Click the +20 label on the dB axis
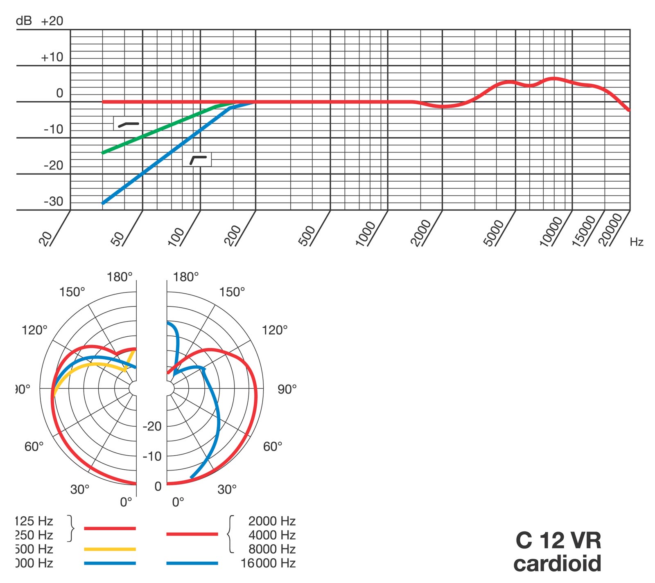click(x=52, y=21)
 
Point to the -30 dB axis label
click(x=54, y=201)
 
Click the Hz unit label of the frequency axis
click(x=637, y=242)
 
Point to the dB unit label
click(x=24, y=21)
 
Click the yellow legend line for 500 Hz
click(x=110, y=549)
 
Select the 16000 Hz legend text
click(x=268, y=563)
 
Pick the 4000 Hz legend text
click(x=272, y=535)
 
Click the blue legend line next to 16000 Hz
click(x=192, y=563)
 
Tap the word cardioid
click(x=558, y=563)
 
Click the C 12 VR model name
click(x=558, y=540)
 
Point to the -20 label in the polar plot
click(x=152, y=426)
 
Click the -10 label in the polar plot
click(x=152, y=456)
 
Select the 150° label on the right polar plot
click(x=232, y=292)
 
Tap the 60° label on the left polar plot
click(x=34, y=446)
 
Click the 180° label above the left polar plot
click(x=120, y=277)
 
